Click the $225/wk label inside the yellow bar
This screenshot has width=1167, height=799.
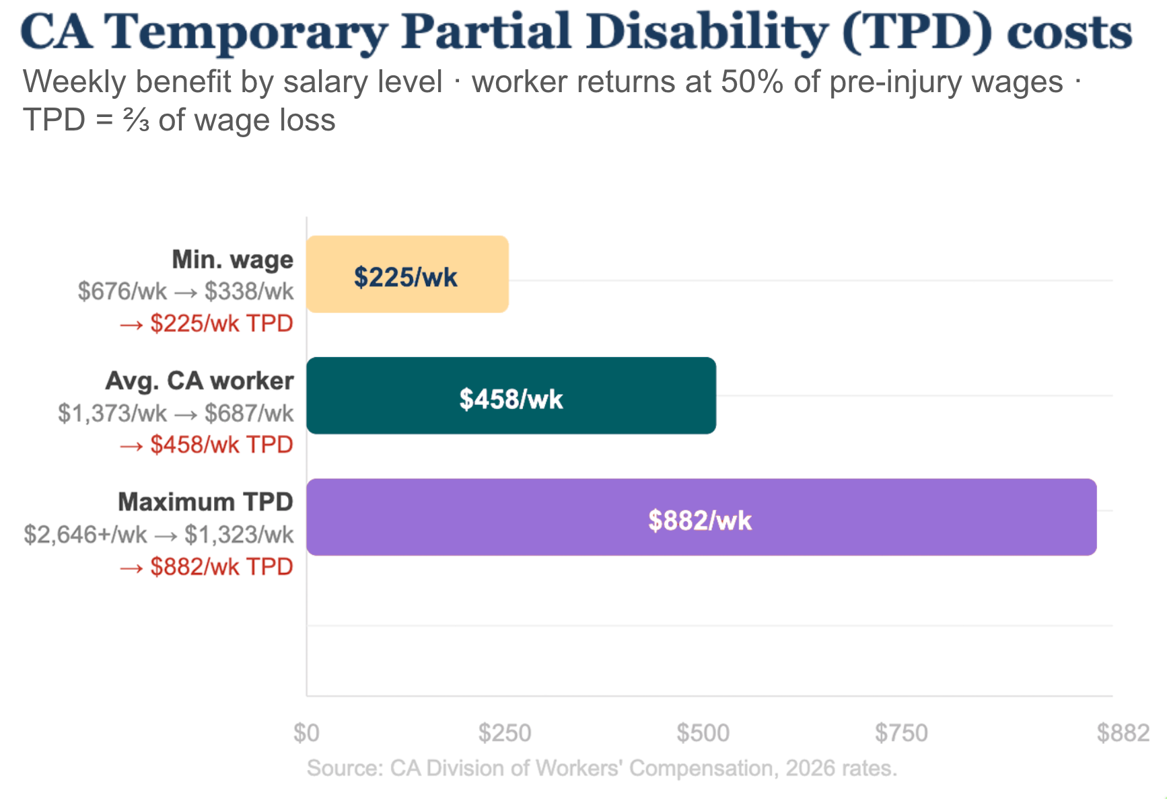406,277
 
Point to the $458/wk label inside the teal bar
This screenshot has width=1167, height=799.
511,399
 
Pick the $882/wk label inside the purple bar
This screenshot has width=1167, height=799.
700,521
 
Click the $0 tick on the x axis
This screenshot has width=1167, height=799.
306,732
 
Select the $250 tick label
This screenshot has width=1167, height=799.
505,732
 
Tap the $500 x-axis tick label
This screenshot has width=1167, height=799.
703,732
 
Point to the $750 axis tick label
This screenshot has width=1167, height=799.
901,732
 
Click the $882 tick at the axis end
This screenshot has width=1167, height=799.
1123,732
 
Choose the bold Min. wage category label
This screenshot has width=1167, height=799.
232,259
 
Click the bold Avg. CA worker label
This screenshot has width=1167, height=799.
199,381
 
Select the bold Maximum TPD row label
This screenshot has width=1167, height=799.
205,502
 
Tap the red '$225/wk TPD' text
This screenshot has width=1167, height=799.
221,324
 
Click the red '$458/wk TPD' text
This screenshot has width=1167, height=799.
221,445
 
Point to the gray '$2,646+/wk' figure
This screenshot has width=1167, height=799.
85,535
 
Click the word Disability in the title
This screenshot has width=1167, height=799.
707,32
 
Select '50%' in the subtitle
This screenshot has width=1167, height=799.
752,82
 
